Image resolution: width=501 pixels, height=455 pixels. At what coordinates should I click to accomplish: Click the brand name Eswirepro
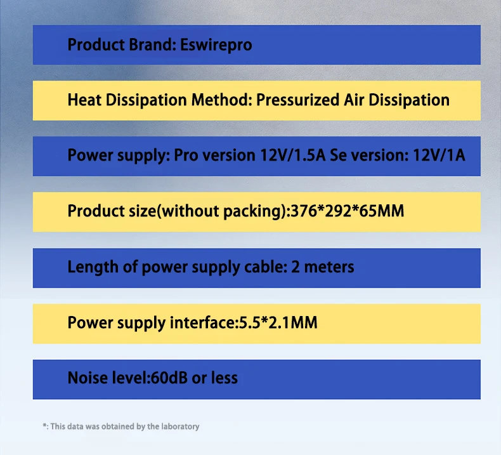[216, 45]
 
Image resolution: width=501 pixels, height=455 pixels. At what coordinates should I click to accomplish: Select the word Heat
[84, 100]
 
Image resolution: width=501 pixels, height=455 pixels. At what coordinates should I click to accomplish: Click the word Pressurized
[297, 100]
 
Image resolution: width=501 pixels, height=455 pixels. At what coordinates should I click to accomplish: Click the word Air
[354, 100]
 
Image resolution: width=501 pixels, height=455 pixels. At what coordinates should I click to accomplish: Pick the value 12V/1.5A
[293, 155]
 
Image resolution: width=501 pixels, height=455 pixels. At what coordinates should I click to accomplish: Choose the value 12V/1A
[439, 155]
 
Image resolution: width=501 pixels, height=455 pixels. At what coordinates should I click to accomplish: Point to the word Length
[93, 267]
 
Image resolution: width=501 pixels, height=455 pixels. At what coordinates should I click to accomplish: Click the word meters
[329, 267]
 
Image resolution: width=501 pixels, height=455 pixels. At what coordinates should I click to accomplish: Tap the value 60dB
[169, 378]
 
